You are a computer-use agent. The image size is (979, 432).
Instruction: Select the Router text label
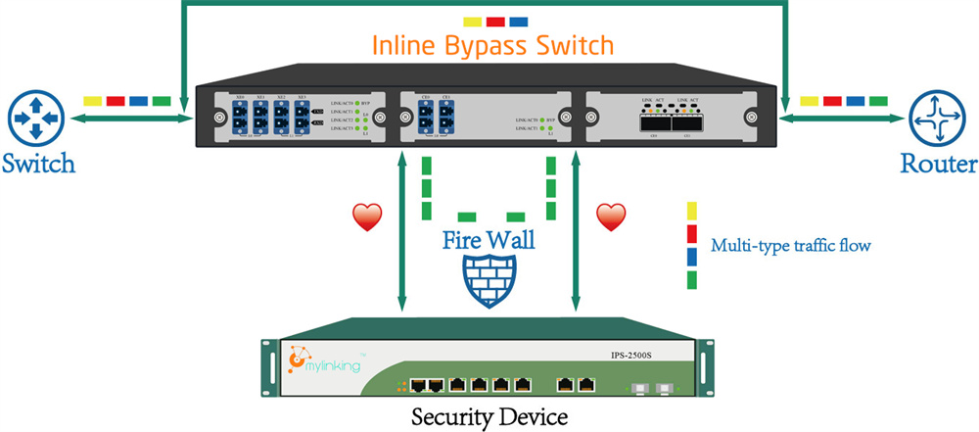[939, 163]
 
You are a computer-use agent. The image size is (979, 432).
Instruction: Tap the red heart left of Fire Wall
[366, 217]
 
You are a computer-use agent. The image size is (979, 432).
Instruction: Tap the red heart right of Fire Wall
[611, 216]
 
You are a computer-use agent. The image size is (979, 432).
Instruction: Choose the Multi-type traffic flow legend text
[790, 245]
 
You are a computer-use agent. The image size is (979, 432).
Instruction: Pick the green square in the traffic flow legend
[691, 280]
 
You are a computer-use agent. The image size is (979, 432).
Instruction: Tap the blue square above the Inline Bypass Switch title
[519, 21]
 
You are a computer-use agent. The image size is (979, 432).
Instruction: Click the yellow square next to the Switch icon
[92, 101]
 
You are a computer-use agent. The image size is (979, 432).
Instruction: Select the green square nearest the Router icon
[878, 101]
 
